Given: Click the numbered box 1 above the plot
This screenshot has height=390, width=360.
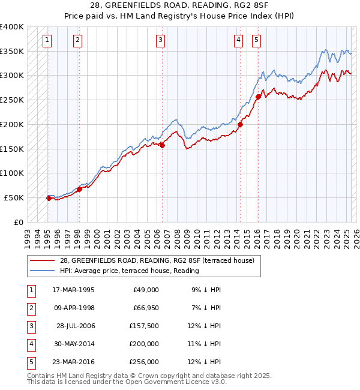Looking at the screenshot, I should (47, 40).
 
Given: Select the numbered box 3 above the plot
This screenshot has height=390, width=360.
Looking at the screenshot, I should (161, 40).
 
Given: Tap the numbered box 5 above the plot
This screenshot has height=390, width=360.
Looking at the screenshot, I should (256, 40).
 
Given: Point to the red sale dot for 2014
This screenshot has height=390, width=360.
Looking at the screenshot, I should (240, 124).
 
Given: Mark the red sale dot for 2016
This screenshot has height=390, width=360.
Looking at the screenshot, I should (258, 97).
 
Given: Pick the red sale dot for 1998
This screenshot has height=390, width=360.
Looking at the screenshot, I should (79, 189).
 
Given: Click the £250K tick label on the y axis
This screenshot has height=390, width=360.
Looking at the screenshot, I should (12, 100).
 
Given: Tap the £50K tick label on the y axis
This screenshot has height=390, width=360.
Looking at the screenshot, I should (14, 197).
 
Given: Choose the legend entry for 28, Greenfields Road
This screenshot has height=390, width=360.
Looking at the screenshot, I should (157, 260).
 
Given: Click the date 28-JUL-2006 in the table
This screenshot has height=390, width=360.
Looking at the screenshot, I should (76, 326).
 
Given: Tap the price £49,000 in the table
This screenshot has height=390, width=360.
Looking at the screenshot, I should (145, 290).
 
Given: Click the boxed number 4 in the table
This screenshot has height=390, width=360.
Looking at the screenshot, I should (30, 344).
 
